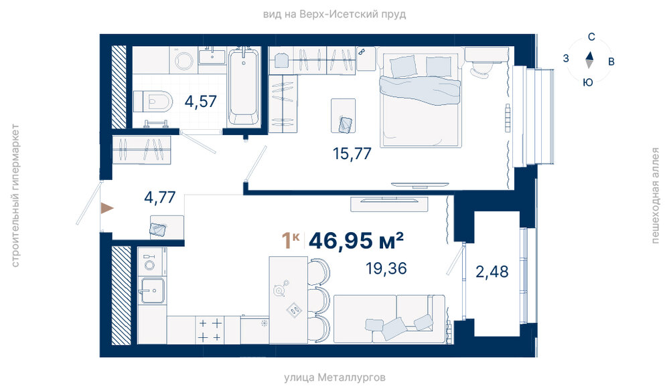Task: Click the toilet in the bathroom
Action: point(153,102)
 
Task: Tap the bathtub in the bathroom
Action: point(243,86)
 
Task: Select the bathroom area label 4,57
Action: point(200,102)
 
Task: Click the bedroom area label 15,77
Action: point(352,153)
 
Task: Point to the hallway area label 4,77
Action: point(160,197)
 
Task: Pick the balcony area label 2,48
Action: point(492,272)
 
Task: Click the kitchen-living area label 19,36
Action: point(386,268)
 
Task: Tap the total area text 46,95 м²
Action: point(356,241)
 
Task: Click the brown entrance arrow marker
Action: point(107,208)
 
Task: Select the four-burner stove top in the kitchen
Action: point(210,330)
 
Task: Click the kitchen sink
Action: point(152,290)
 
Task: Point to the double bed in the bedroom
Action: point(421,100)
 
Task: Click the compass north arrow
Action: point(589,56)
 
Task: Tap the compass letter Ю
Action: point(588,82)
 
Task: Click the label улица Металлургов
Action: point(335,377)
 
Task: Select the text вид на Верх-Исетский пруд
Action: point(335,15)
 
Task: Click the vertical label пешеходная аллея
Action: point(656,195)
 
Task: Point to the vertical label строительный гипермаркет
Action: point(15,195)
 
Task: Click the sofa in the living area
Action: point(389,318)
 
